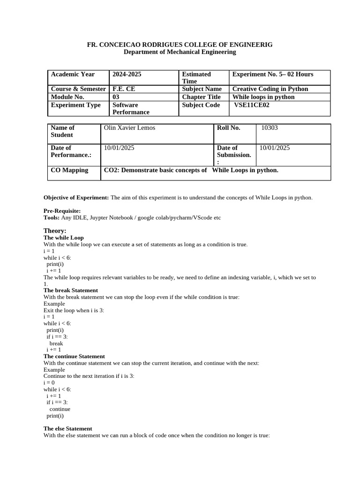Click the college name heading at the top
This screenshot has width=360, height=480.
pyautogui.click(x=180, y=45)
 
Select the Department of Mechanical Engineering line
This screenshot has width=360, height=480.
pyautogui.click(x=180, y=52)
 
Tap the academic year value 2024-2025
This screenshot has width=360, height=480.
pyautogui.click(x=127, y=74)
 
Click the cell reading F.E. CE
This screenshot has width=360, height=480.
pyautogui.click(x=124, y=89)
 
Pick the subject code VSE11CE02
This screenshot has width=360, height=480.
pyautogui.click(x=252, y=105)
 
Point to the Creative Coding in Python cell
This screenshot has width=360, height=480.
pyautogui.click(x=270, y=89)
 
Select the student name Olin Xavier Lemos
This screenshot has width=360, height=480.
pyautogui.click(x=129, y=127)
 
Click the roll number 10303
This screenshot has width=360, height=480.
pyautogui.click(x=270, y=127)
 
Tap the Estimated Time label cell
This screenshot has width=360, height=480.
pyautogui.click(x=196, y=77)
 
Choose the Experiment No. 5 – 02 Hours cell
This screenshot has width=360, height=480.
pyautogui.click(x=273, y=74)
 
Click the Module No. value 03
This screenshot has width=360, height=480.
pyautogui.click(x=116, y=97)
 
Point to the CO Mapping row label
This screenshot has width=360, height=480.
pyautogui.click(x=69, y=170)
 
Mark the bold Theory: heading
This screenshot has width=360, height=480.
pyautogui.click(x=55, y=231)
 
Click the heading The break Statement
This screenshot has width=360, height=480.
pyautogui.click(x=71, y=290)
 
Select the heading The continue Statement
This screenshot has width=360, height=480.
pyautogui.click(x=74, y=356)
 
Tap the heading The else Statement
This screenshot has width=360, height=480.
pyautogui.click(x=68, y=428)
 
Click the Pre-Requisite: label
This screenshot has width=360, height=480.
pyautogui.click(x=62, y=211)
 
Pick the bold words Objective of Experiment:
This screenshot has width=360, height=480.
pyautogui.click(x=76, y=197)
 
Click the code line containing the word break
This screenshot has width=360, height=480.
pyautogui.click(x=56, y=343)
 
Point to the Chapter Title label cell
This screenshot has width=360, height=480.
pyautogui.click(x=201, y=97)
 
